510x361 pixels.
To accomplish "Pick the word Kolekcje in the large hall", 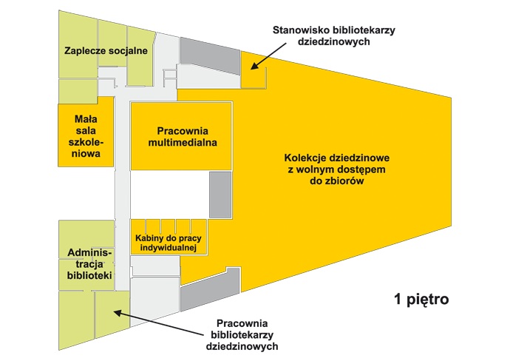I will pyautogui.click(x=307, y=158).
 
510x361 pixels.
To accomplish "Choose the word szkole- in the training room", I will pyautogui.click(x=88, y=142).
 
